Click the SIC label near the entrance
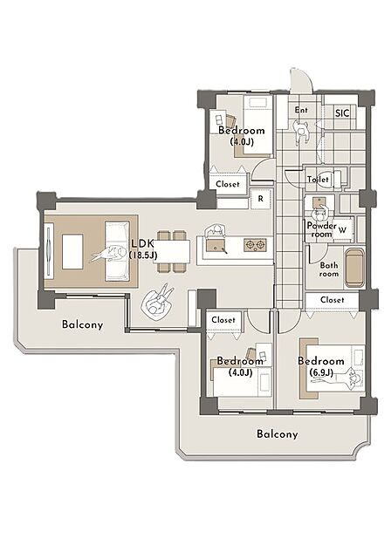(x=342, y=113)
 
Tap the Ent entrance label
(x=301, y=110)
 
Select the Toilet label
(x=318, y=179)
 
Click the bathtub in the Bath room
(x=354, y=269)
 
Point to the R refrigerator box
(x=261, y=199)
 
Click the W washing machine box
(x=342, y=230)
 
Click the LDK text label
(x=142, y=243)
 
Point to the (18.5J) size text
(x=142, y=256)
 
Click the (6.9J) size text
(x=321, y=373)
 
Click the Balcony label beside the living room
(x=82, y=324)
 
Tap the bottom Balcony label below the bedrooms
(x=278, y=434)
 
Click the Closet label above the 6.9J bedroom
(x=333, y=300)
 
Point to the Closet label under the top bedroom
(x=228, y=184)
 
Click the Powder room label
(x=321, y=229)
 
